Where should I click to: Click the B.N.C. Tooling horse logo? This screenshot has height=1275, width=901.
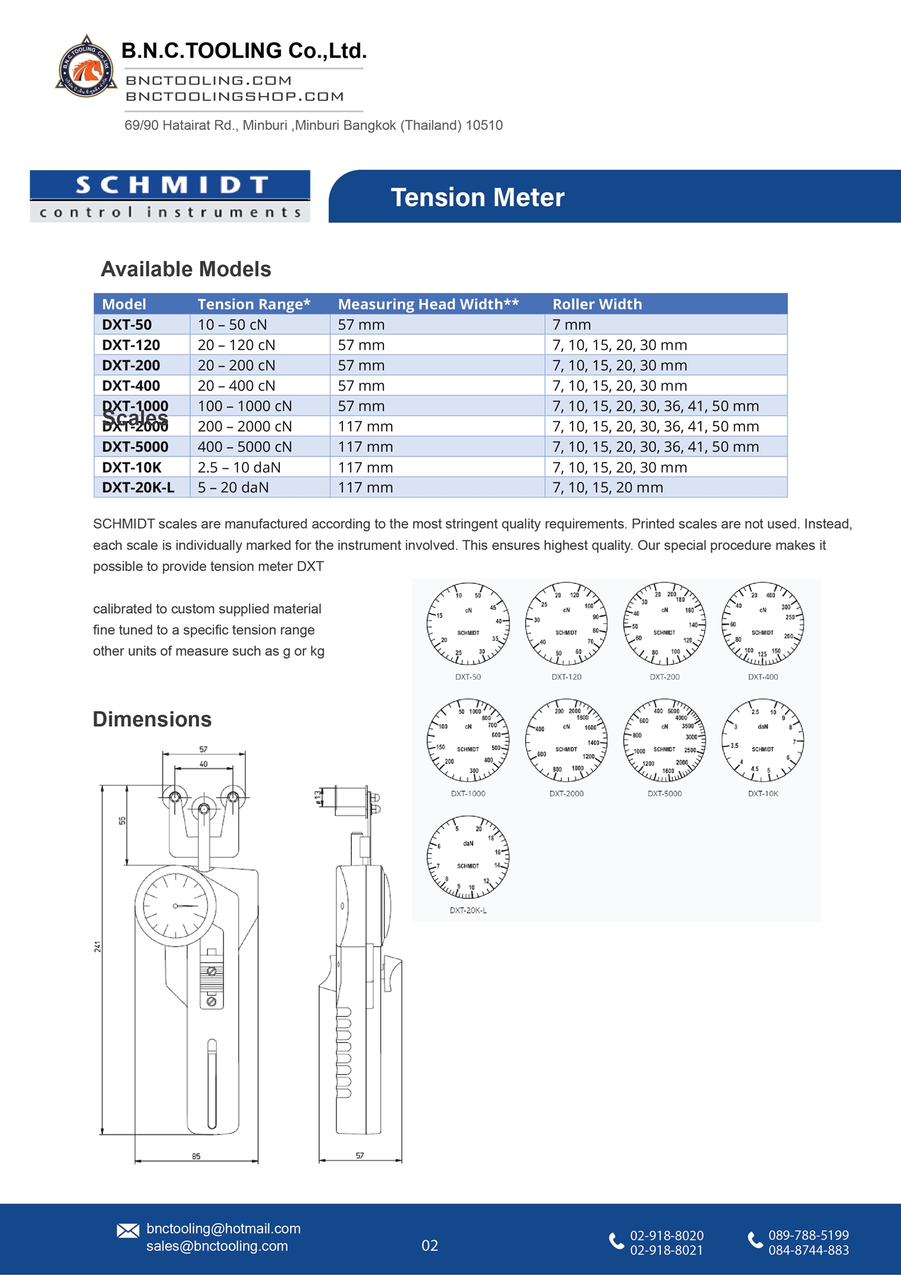coord(86,67)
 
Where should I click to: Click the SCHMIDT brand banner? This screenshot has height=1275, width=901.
coord(170,196)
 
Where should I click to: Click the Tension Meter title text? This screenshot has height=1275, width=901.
coord(478,198)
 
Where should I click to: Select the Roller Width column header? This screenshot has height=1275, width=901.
coord(597,304)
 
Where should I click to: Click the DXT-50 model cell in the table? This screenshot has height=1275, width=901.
coord(127,324)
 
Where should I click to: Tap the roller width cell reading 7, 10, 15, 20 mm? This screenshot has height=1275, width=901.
coord(608,487)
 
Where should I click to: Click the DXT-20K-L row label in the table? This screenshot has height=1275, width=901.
coord(138,487)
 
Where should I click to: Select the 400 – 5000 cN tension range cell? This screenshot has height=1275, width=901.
coord(244,446)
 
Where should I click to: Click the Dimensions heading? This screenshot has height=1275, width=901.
coord(152,719)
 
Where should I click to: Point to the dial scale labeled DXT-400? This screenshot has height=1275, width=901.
coord(763,623)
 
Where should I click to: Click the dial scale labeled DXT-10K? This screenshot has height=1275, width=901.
coord(763,740)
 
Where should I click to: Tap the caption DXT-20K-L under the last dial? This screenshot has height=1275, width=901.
coord(468,910)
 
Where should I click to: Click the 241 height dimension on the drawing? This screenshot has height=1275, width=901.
coord(97,946)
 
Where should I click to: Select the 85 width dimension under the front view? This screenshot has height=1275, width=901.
coord(196,1155)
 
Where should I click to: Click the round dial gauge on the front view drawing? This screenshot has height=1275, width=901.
coord(175,905)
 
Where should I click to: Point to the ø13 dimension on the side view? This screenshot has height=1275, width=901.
coord(318,797)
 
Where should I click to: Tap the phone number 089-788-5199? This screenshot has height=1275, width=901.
coord(808,1235)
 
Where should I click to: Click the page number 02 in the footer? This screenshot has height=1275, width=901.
coord(429,1246)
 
